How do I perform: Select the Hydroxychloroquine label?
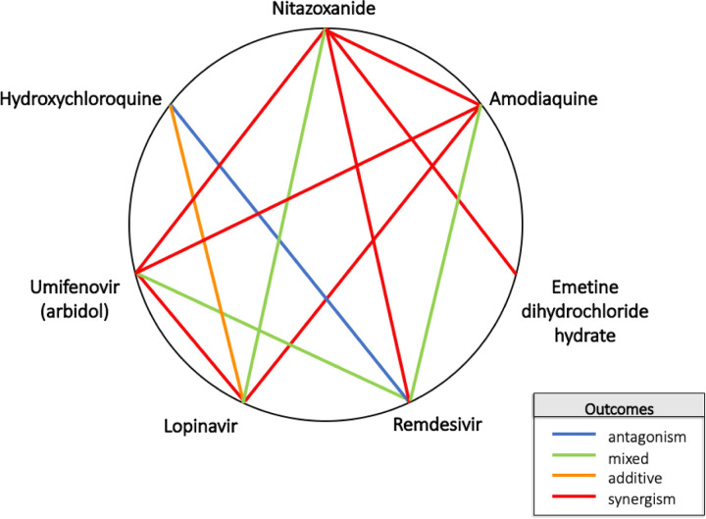(x=83, y=98)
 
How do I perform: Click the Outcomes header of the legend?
(x=614, y=406)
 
